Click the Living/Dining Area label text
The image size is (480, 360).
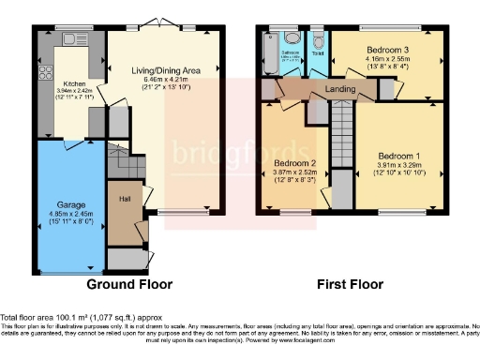164,68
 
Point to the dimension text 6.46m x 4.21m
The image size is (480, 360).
164,79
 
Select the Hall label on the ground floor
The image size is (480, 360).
124,199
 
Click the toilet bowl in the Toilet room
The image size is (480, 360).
317,40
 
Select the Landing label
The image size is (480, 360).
338,90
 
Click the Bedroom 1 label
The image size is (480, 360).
399,156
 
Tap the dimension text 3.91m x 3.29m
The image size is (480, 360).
399,166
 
